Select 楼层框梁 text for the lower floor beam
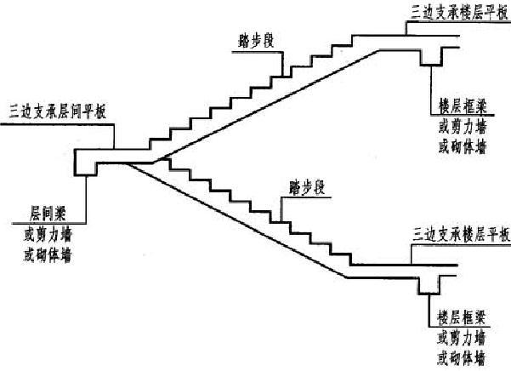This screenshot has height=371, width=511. (x=459, y=317)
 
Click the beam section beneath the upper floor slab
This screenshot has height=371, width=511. (x=432, y=54)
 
